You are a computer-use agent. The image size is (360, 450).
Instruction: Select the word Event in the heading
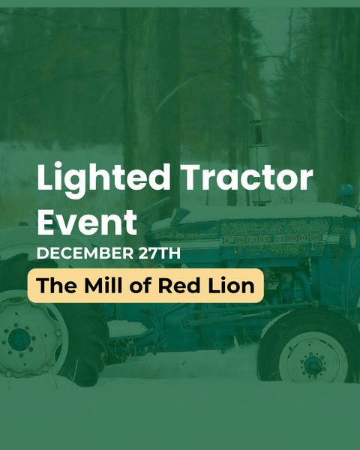[87, 222]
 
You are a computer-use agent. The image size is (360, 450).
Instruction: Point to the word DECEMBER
[82, 253]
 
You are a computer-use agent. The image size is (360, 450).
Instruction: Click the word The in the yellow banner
[53, 286]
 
